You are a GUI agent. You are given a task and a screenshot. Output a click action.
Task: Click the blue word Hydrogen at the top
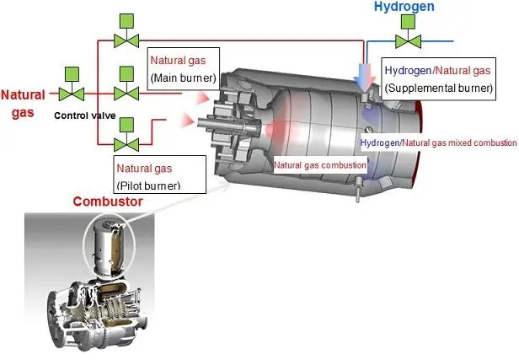[x=404, y=7]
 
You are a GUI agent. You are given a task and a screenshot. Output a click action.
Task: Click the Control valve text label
[x=85, y=116]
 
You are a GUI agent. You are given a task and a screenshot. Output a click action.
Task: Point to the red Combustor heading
[x=108, y=201]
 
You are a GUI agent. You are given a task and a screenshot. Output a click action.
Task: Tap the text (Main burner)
[x=183, y=78]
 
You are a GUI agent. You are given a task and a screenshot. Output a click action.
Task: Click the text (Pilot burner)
[x=148, y=185]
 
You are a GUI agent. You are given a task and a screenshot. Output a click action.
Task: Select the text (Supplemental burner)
[x=439, y=88]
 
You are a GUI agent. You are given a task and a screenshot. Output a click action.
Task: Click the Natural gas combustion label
[x=320, y=165]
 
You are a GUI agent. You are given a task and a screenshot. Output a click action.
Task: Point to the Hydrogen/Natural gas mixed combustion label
[x=438, y=142]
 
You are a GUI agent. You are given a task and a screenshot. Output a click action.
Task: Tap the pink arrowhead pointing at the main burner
[x=202, y=99]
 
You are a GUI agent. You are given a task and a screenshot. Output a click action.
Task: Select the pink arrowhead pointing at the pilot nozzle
[x=187, y=120]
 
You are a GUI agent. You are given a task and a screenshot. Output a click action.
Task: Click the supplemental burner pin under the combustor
[x=359, y=189]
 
